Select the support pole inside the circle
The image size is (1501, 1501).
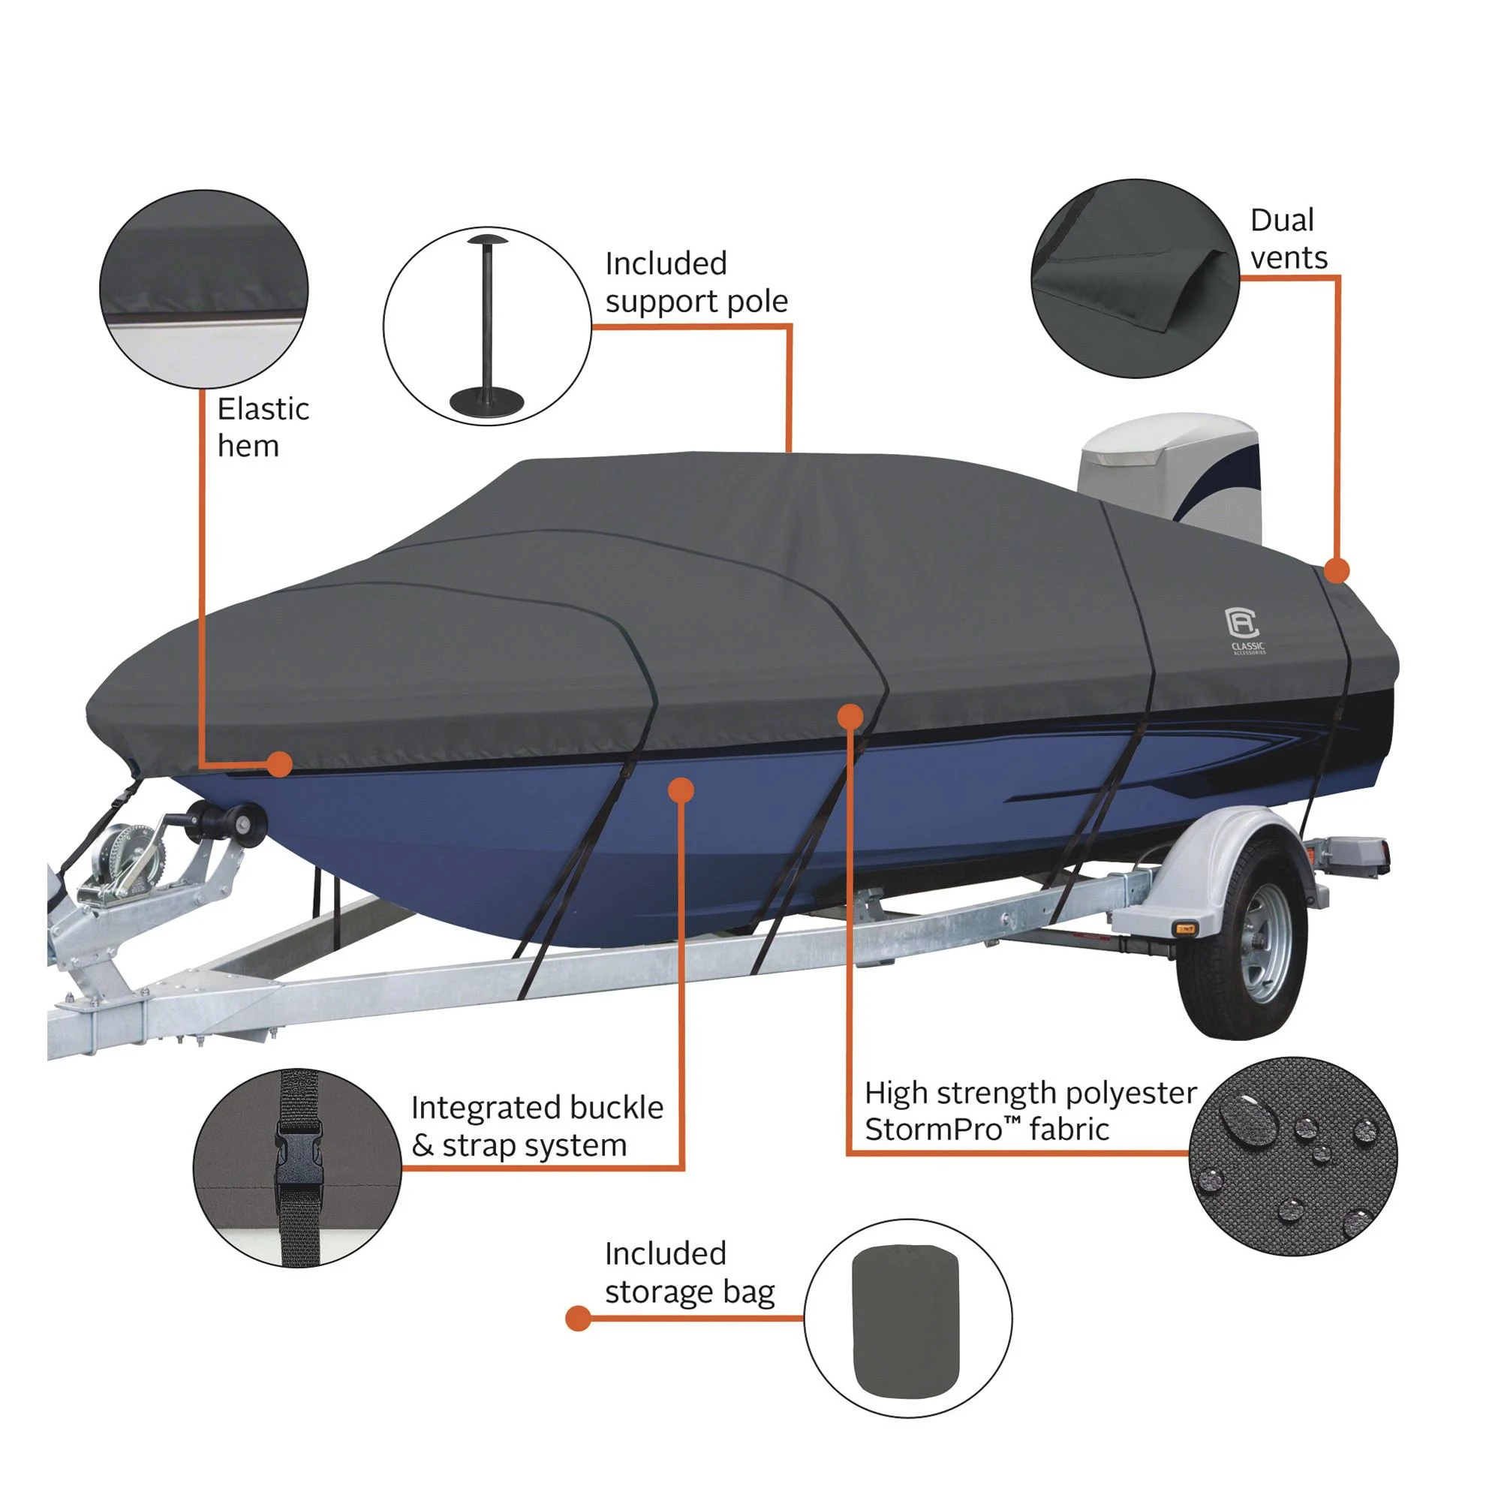pos(487,326)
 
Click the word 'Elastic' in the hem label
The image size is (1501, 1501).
pos(263,410)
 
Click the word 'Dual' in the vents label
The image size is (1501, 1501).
pos(1282,221)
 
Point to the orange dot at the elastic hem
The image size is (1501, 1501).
pos(279,765)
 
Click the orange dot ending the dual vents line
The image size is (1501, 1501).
pos(1337,571)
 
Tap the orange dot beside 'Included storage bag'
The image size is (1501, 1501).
pos(578,1319)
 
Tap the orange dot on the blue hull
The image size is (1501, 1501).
pos(681,790)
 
